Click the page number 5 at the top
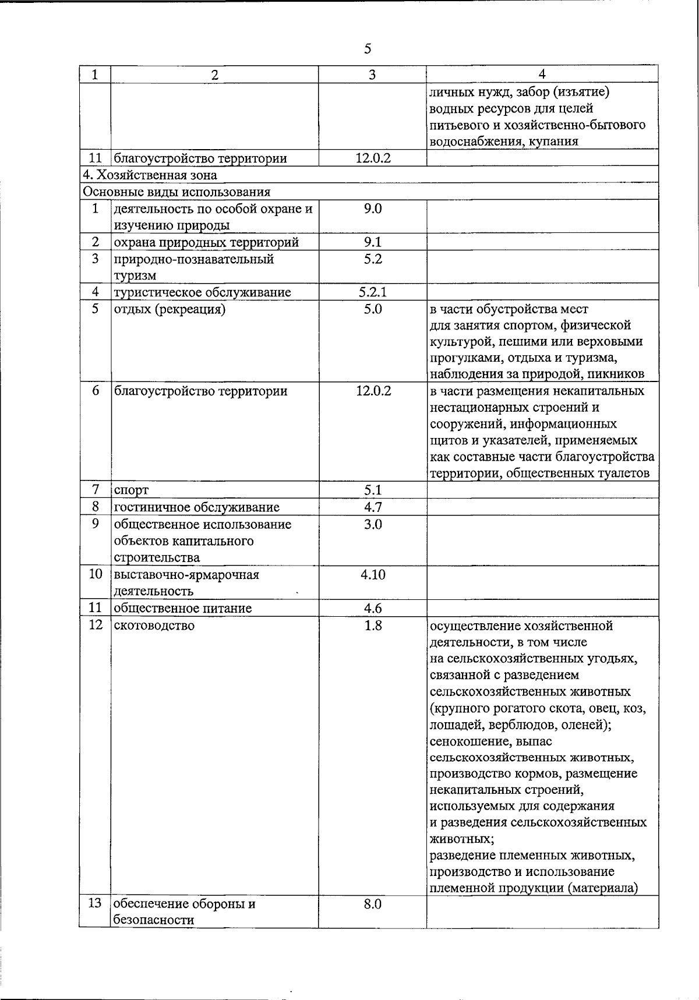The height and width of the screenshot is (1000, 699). coord(368,48)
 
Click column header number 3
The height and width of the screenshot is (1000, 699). coord(372,75)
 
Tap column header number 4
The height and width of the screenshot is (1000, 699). coord(542,74)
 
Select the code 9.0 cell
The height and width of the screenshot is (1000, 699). coord(372,209)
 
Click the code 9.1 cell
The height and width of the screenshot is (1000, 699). coord(372,242)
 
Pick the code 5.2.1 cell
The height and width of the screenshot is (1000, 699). coord(372,292)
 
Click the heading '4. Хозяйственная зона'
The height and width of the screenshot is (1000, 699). coord(150,175)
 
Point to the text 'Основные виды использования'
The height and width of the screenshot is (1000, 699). coord(176,192)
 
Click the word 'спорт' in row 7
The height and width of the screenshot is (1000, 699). coord(130,490)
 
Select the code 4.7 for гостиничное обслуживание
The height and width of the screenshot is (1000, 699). coord(372,507)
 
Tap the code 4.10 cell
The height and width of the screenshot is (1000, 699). coord(372,575)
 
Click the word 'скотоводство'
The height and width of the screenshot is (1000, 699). coord(154,626)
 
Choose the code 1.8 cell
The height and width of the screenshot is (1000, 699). coord(372,626)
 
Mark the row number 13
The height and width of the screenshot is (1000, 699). coord(95,904)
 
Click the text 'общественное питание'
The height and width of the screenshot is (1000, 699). coord(182,609)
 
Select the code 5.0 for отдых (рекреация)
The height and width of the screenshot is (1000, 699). coord(372,309)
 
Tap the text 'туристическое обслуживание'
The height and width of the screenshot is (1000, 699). coord(202,292)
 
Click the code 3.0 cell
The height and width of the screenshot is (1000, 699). coord(372,524)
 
